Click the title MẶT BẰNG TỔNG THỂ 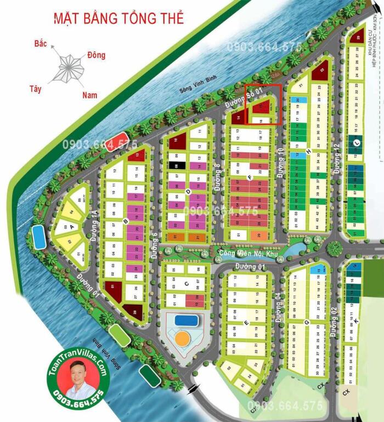118,18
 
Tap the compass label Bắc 39,42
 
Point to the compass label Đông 96,55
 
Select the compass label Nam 89,95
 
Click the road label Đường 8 218,177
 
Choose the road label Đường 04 278,312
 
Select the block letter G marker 307,323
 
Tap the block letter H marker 309,152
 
